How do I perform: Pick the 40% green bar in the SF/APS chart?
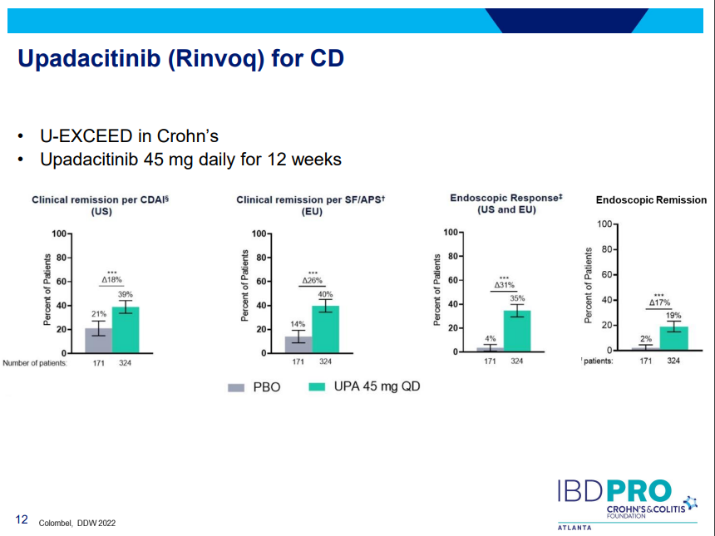(x=325, y=330)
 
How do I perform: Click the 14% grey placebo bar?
(x=298, y=345)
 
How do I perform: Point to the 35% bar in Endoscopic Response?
(x=517, y=332)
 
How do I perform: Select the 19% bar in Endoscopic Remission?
(x=673, y=338)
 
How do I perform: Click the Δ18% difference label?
(x=112, y=280)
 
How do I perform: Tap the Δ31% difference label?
(x=504, y=285)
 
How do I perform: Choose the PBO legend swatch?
(x=236, y=387)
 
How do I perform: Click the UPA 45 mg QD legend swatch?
(x=317, y=387)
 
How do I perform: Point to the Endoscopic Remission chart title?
(x=651, y=200)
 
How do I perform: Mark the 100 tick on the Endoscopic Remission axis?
(x=604, y=224)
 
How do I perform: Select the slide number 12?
(x=22, y=520)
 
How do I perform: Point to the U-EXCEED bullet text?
(x=129, y=135)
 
